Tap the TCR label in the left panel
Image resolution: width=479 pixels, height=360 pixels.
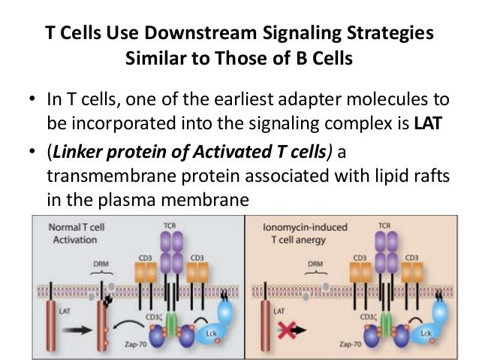point(170,225)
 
